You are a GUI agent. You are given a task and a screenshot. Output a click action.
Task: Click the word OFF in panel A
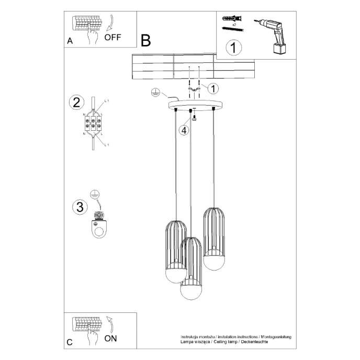tap(113, 37)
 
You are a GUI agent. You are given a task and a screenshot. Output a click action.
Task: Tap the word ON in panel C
tap(110, 338)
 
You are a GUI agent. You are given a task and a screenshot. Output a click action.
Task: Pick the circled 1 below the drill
tap(234, 48)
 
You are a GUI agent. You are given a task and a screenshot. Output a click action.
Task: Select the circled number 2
tap(76, 102)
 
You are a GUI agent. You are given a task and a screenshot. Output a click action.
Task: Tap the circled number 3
tap(79, 207)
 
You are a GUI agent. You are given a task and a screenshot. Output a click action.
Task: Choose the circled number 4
tap(183, 130)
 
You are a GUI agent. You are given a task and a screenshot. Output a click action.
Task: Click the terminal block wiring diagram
tap(93, 125)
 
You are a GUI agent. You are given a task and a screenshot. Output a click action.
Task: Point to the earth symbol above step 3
tap(94, 194)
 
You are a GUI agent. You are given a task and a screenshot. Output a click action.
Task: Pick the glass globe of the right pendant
tap(214, 260)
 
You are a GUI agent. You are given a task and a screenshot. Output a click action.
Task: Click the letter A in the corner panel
tap(70, 41)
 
